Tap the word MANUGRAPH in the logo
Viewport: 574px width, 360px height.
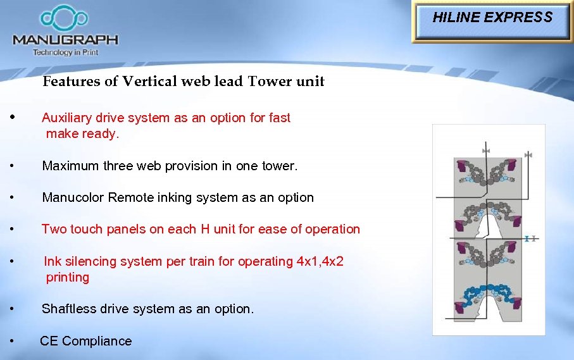tap(65, 39)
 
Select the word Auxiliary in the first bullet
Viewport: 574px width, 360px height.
tap(66, 118)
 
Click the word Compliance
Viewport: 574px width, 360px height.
tap(97, 341)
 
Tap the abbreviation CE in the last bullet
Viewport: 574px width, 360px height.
tap(49, 341)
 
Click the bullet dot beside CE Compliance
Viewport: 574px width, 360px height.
tap(13, 341)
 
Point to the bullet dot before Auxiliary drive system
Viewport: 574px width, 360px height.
tap(13, 117)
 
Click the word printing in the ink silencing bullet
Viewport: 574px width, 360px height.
tap(67, 277)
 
